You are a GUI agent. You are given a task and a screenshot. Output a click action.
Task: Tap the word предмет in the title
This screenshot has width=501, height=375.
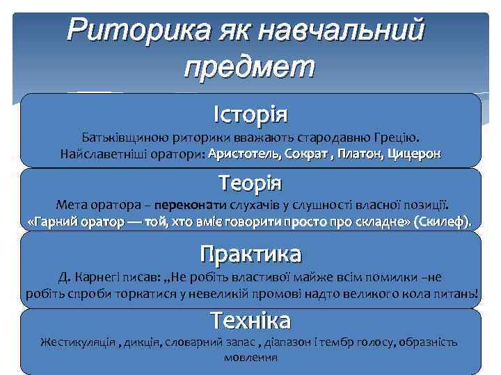pos(250,67)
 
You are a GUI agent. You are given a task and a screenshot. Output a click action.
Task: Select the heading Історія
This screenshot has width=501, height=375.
pos(250,112)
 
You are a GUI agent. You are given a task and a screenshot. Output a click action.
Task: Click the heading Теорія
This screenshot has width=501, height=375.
pos(250,183)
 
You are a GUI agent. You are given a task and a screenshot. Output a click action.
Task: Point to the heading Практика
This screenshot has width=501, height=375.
pos(250,253)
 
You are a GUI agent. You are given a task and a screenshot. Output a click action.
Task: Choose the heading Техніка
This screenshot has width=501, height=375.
pos(250,321)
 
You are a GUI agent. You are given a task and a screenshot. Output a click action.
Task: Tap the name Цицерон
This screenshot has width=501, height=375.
pos(414,153)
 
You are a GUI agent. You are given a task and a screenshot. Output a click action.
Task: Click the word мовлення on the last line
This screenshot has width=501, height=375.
pos(250,358)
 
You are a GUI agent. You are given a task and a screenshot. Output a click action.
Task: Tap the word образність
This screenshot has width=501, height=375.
pos(431,342)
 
